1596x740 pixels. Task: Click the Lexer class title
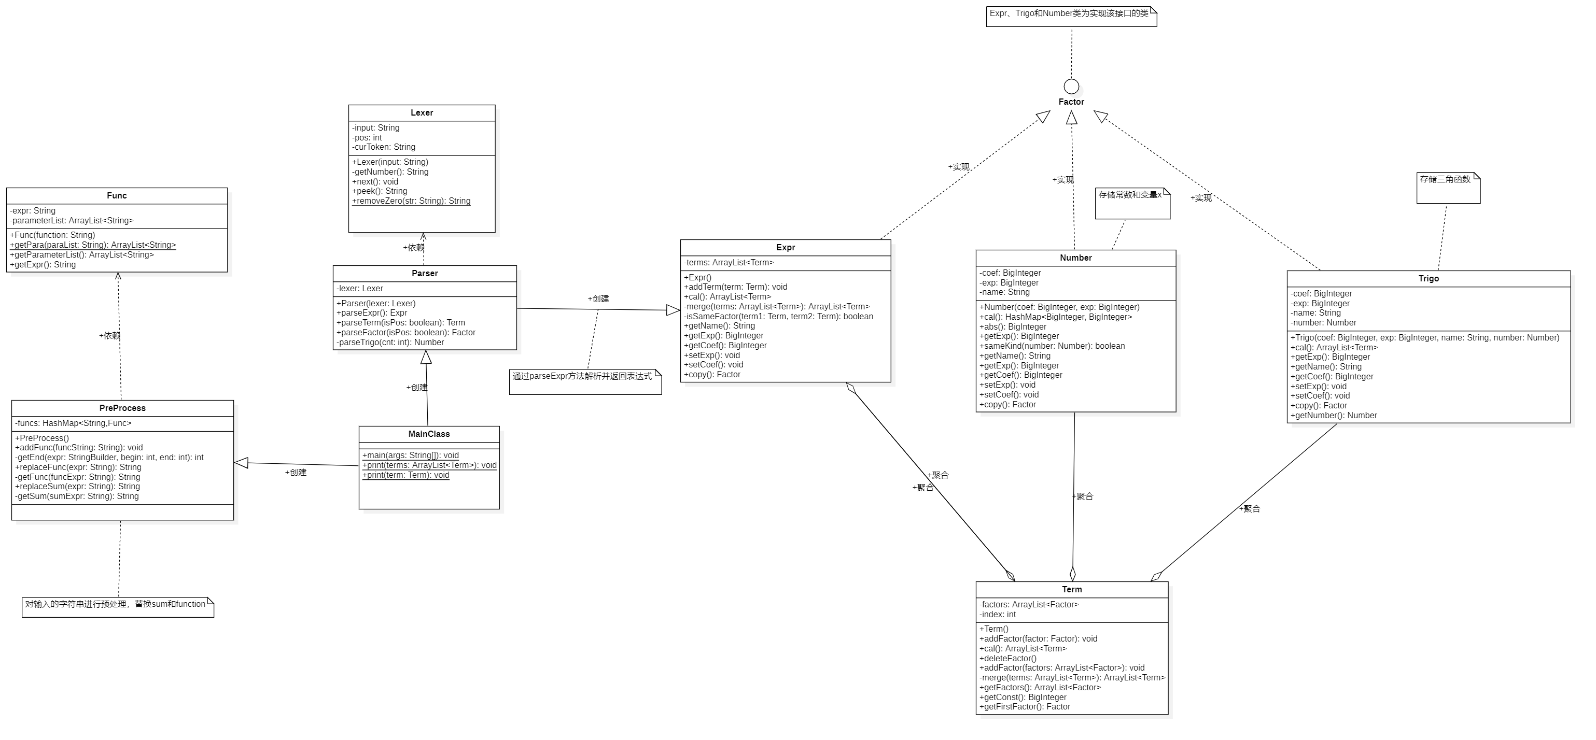coord(422,112)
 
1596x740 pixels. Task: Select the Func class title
coord(117,196)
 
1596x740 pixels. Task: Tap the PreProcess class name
coord(122,408)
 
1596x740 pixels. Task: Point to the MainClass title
coord(429,434)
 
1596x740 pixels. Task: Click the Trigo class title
coord(1428,279)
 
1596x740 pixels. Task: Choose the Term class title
coord(1071,590)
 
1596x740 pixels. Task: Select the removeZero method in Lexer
coord(411,201)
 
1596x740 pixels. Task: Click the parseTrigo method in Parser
coord(390,343)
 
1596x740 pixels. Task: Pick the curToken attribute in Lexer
coord(384,147)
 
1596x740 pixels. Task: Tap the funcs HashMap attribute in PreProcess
coord(73,423)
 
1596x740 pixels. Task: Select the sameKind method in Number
coord(1052,346)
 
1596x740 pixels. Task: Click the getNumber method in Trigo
coord(1333,416)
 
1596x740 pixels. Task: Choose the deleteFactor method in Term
coord(1007,658)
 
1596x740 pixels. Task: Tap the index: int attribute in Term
coord(998,614)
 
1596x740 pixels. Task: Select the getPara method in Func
coord(93,245)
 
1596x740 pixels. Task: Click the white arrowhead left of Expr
coord(672,310)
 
